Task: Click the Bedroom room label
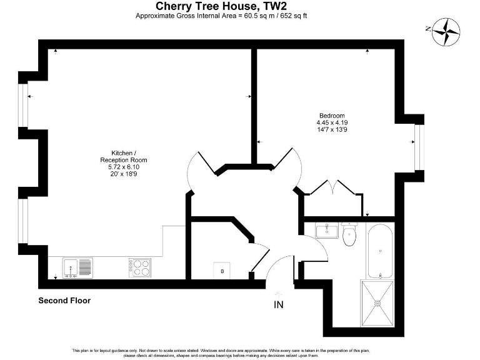coord(332,116)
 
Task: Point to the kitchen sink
coord(79,267)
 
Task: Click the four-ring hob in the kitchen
coord(141,267)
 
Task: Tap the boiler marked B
coord(222,270)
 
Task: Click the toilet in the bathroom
coord(350,235)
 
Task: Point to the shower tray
coord(378,303)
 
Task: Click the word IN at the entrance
coord(279,305)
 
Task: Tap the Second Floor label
coord(64,301)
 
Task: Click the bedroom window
coord(419,147)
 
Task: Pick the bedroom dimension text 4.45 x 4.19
coord(332,123)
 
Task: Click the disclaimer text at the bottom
coord(240,352)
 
